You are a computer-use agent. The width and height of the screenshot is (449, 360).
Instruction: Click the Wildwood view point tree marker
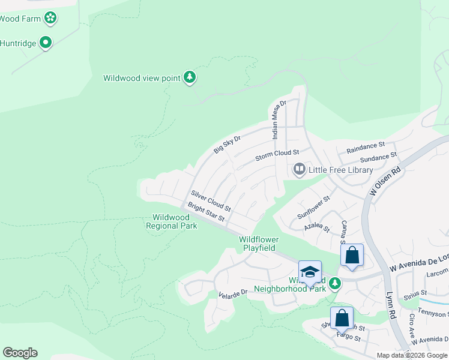tap(190, 77)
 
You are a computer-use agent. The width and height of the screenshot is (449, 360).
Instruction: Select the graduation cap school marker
tap(310, 272)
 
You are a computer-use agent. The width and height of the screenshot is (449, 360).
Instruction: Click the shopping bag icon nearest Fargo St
tap(342, 317)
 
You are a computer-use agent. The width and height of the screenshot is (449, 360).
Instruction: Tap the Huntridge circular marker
tap(46, 43)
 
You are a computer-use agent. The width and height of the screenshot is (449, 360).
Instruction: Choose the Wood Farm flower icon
tap(50, 18)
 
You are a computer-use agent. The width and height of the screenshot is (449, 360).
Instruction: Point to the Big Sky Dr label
tap(228, 145)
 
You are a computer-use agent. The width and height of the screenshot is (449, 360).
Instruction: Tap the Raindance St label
tap(366, 146)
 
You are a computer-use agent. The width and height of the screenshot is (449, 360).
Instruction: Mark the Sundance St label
tap(378, 157)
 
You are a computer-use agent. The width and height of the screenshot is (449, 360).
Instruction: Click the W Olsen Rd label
tap(385, 181)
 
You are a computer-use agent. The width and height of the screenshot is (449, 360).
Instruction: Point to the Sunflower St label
tap(315, 207)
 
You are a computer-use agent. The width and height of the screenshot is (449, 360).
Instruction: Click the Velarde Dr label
tap(234, 293)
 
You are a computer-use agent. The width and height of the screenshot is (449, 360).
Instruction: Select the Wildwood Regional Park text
tap(172, 221)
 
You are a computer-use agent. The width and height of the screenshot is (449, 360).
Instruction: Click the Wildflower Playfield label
tap(258, 244)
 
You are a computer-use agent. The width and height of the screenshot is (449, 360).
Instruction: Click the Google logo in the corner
tap(20, 353)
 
